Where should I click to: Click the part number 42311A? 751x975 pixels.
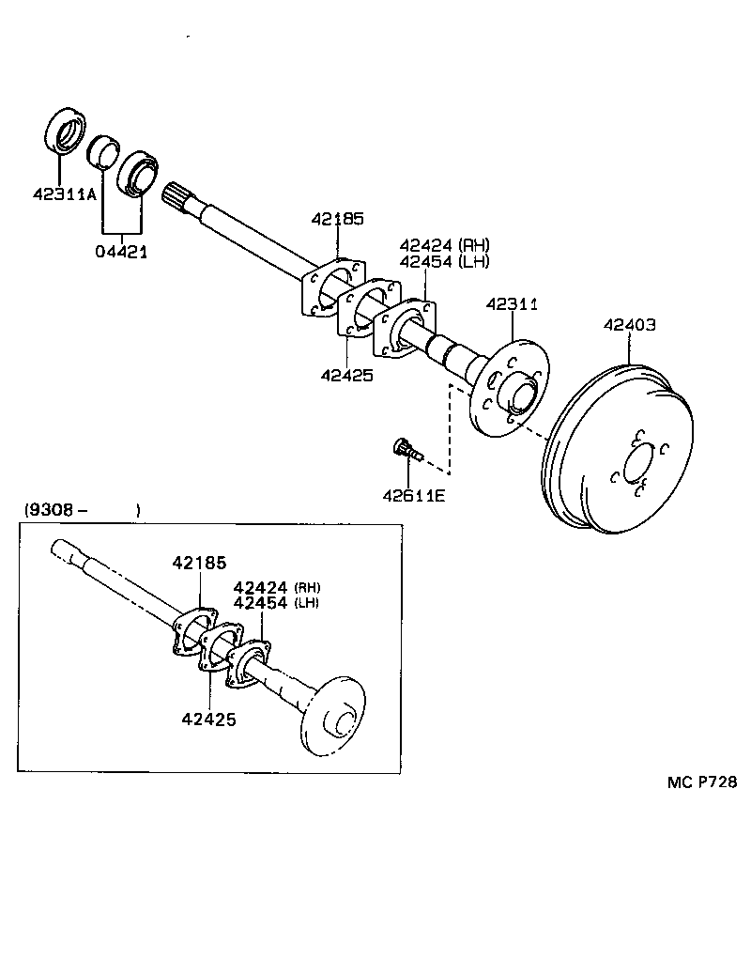[x=65, y=195]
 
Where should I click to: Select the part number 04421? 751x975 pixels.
[x=121, y=252]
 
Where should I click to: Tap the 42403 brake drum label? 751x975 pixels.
[x=629, y=325]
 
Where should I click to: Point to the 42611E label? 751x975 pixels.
[x=413, y=495]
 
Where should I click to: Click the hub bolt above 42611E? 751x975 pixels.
[x=406, y=450]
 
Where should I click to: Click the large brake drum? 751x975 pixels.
[x=620, y=451]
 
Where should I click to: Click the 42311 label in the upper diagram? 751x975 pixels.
[x=512, y=304]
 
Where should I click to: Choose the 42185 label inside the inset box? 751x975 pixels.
[x=199, y=564]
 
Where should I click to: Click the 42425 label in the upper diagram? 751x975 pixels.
[x=346, y=375]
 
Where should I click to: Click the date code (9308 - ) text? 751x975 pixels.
[x=82, y=510]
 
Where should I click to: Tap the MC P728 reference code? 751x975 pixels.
[x=702, y=782]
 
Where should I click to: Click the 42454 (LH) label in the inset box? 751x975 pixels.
[x=275, y=603]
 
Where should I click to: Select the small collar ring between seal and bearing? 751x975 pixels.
[x=101, y=151]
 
